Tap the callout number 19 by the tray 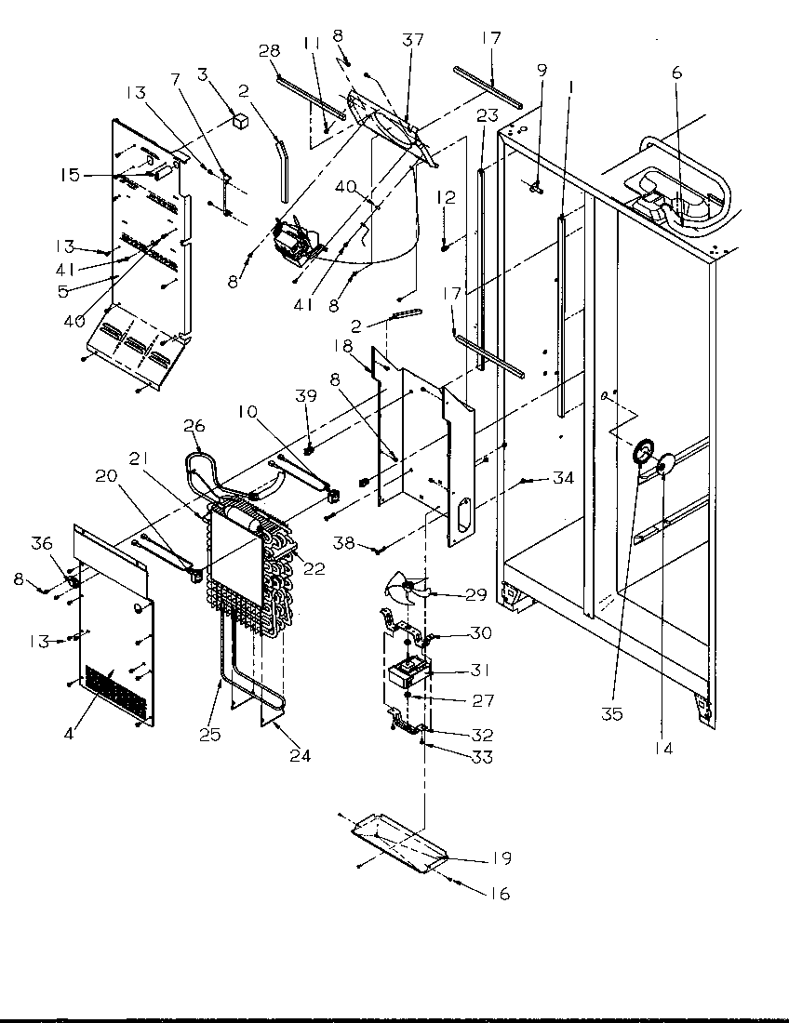click(503, 857)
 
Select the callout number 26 click(193, 425)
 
